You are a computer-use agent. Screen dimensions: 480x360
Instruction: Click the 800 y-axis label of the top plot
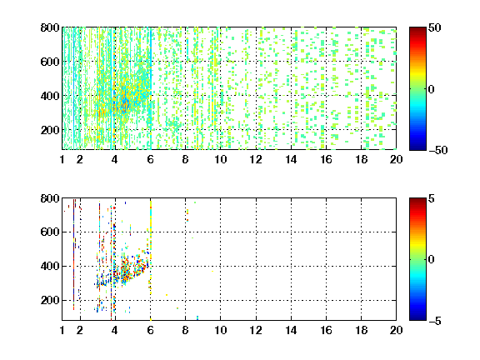[50, 27]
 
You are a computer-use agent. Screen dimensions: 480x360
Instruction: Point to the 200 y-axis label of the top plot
[50, 130]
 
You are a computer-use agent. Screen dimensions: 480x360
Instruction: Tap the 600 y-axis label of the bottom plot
[50, 232]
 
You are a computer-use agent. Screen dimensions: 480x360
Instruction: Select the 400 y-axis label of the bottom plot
[50, 266]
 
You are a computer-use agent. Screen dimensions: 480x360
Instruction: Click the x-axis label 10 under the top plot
[220, 159]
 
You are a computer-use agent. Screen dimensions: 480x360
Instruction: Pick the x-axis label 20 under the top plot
[396, 159]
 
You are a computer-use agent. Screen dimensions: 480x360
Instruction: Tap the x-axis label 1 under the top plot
[62, 159]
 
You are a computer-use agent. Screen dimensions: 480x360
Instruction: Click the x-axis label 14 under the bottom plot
[291, 330]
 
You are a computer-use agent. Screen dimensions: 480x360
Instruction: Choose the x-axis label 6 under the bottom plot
[150, 330]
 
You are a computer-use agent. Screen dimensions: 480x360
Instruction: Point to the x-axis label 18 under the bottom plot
[361, 330]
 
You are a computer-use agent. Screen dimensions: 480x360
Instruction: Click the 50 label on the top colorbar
[435, 27]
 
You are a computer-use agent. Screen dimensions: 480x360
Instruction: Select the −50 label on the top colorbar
[438, 150]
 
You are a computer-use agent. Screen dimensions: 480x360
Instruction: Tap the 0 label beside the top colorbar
[432, 89]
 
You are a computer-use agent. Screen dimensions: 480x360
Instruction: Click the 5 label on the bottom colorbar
[432, 198]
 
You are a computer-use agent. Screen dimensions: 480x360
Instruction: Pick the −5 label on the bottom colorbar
[435, 321]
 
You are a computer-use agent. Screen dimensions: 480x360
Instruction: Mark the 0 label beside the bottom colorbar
[432, 260]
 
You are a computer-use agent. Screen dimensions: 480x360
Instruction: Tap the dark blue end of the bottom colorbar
[417, 317]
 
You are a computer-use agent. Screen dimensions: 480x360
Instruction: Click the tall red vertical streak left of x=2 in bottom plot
[74, 255]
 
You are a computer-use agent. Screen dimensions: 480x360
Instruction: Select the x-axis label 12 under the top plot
[256, 159]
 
